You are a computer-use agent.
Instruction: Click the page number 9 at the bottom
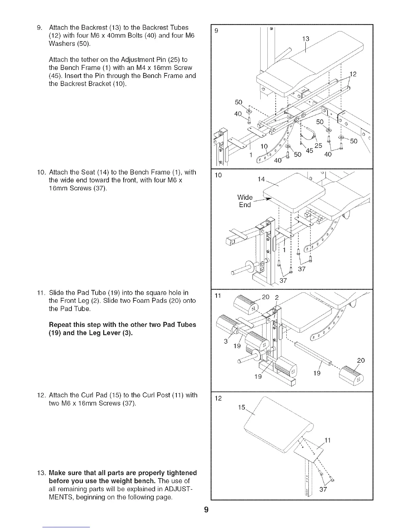click(x=206, y=510)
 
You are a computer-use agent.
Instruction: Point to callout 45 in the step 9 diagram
click(x=309, y=151)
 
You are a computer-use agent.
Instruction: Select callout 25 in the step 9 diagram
click(x=318, y=146)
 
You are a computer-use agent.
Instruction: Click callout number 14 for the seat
click(x=262, y=179)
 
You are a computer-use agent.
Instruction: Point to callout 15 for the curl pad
click(x=242, y=407)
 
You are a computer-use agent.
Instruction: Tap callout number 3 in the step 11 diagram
click(x=226, y=341)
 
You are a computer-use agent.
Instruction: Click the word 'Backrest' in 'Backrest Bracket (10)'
click(x=71, y=84)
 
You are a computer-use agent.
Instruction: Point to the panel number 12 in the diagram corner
click(x=219, y=398)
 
